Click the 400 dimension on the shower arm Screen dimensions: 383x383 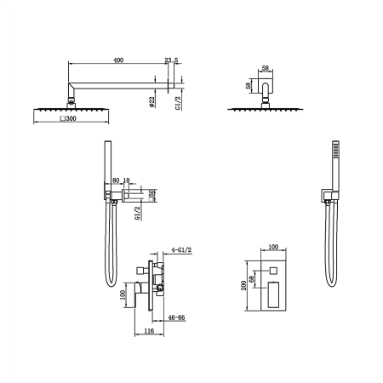click(118, 60)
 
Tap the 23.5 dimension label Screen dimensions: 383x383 click(171, 60)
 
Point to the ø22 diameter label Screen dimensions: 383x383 click(151, 102)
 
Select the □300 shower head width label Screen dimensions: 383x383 click(68, 118)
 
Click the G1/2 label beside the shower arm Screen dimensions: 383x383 click(178, 103)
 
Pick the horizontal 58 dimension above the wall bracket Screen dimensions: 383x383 click(266, 68)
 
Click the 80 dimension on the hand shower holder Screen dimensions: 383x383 click(116, 180)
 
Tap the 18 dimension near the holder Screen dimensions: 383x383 click(126, 180)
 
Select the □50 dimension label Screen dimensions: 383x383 click(152, 195)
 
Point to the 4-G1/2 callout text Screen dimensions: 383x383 click(181, 250)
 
